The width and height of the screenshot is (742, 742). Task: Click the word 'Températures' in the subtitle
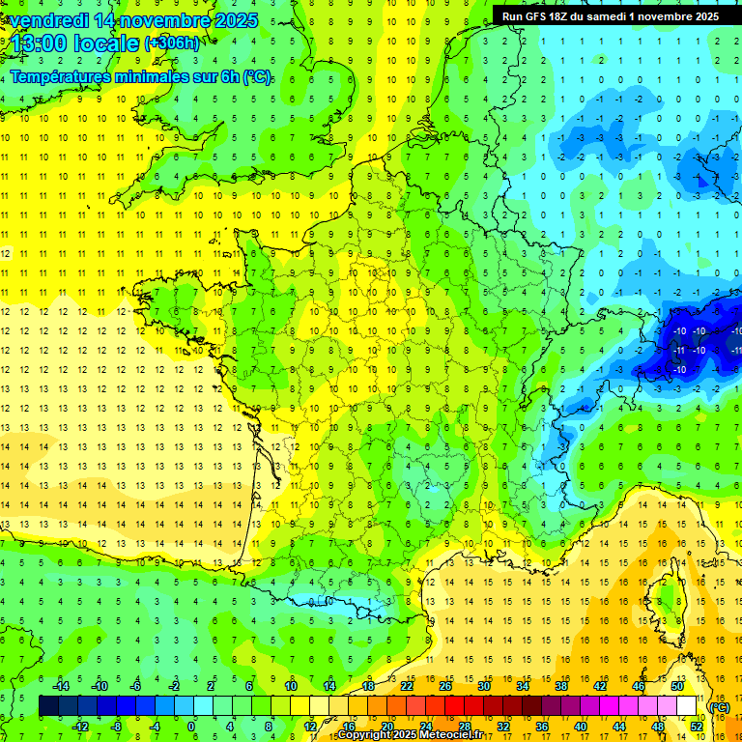pyautogui.click(x=67, y=77)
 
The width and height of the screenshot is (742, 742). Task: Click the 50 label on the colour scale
pyautogui.click(x=677, y=686)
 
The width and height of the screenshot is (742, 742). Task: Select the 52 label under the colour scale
pyautogui.click(x=697, y=727)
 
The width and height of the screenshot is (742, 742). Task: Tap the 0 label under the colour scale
pyautogui.click(x=192, y=727)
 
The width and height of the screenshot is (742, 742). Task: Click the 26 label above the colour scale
pyautogui.click(x=445, y=686)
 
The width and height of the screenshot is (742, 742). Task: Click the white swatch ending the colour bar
pyautogui.click(x=687, y=706)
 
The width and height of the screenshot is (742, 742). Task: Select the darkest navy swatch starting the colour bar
pyautogui.click(x=48, y=706)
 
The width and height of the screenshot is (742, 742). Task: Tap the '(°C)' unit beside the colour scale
pyautogui.click(x=720, y=707)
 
